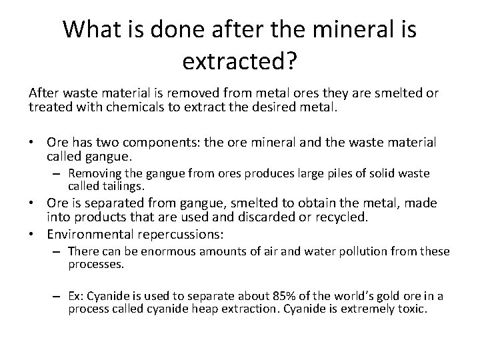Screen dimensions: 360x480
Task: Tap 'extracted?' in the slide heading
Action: pos(239,63)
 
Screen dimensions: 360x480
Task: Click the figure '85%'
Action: pos(286,296)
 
